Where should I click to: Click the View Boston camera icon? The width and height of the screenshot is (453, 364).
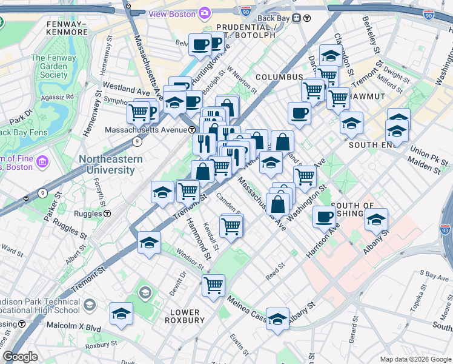pos(205,13)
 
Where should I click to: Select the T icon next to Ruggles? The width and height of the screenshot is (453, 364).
pos(107,214)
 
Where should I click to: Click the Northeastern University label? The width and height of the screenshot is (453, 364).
pos(110,164)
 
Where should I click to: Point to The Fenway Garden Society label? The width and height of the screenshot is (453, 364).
pos(50,66)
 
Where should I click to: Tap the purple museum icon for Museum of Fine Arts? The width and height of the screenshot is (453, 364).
pos(42,162)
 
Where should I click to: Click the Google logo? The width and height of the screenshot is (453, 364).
pos(20,357)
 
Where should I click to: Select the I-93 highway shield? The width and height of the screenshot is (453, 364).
pos(445,230)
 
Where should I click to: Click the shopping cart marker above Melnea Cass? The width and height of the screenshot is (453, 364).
pos(213,284)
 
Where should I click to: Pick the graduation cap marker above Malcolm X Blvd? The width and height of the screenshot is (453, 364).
pos(121,314)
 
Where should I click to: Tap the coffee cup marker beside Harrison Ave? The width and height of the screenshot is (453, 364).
pos(325,216)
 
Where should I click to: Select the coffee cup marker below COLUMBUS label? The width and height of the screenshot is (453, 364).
pos(299,112)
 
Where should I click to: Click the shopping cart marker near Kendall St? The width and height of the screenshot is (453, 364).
pos(231,226)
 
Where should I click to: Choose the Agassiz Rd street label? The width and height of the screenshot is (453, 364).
pos(59,96)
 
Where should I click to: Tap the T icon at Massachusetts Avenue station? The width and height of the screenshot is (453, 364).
pos(191,130)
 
